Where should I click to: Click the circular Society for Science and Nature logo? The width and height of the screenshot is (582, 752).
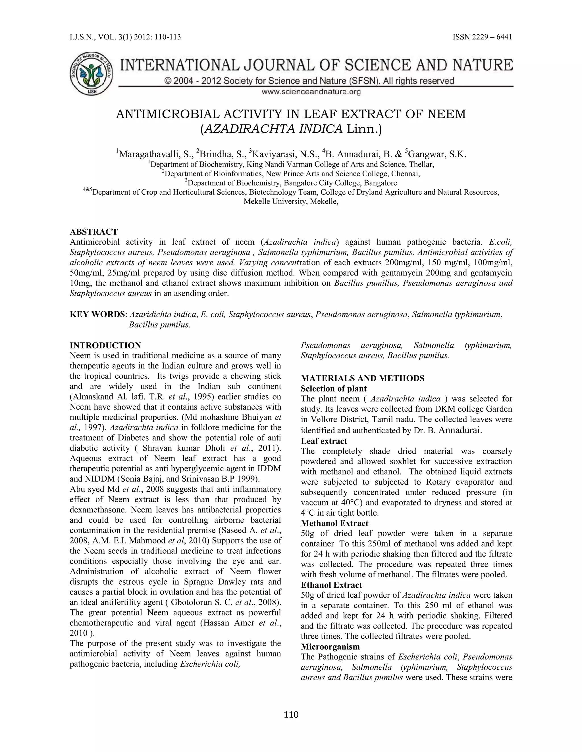click(x=91, y=74)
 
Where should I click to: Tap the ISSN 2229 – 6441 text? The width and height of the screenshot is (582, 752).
click(x=482, y=37)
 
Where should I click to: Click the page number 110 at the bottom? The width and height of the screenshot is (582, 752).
click(x=291, y=715)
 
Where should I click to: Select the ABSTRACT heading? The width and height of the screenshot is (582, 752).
click(x=93, y=232)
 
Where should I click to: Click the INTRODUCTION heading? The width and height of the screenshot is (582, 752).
click(x=105, y=345)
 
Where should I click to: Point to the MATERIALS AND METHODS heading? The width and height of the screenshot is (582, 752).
click(x=362, y=378)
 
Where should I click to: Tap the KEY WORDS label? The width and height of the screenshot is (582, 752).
click(x=97, y=314)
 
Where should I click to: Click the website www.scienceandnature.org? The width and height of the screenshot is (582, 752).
click(x=311, y=92)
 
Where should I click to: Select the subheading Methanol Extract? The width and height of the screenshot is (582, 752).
click(x=334, y=523)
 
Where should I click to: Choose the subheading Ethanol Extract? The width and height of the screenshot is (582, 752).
click(x=331, y=585)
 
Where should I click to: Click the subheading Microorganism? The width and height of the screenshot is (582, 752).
click(x=330, y=647)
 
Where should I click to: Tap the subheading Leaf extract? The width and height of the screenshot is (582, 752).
click(x=324, y=441)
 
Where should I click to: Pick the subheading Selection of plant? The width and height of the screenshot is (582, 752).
click(x=333, y=389)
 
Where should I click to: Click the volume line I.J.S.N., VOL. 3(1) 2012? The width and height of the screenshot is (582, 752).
click(x=125, y=37)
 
